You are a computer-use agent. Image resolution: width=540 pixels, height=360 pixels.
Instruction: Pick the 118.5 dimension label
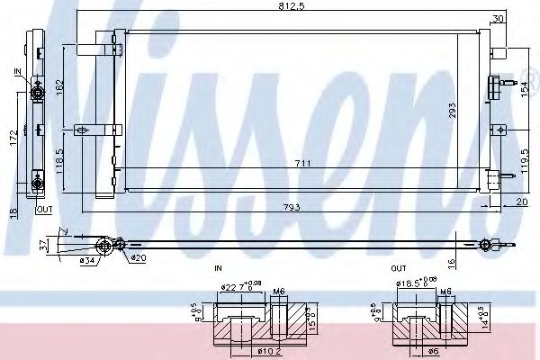coord(58,159)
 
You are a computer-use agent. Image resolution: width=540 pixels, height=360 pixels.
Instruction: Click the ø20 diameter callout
coord(137,259)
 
